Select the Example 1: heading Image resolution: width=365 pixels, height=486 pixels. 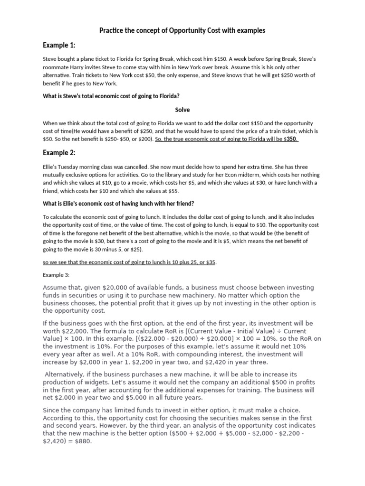[x=59, y=46]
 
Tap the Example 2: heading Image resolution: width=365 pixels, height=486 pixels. [x=59, y=152]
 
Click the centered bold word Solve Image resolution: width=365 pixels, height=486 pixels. [x=182, y=110]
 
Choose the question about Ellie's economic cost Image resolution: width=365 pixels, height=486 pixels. [x=118, y=204]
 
